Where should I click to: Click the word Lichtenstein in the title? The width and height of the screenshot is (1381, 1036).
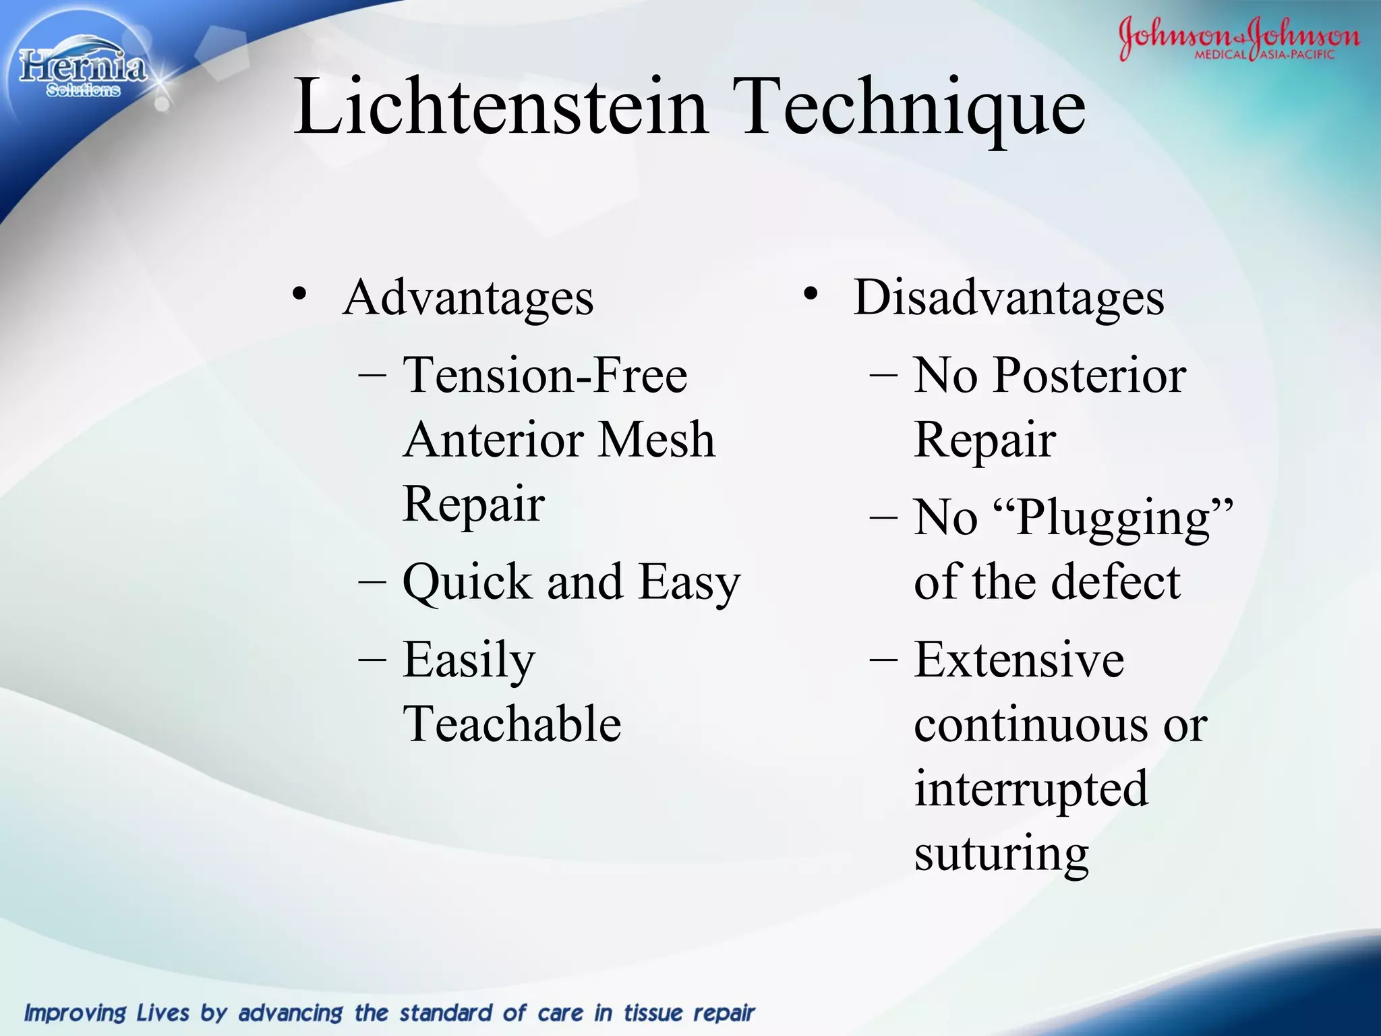click(x=500, y=107)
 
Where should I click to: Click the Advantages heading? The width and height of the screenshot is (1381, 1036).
click(x=468, y=297)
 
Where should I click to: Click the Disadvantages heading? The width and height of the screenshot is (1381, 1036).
click(x=1009, y=297)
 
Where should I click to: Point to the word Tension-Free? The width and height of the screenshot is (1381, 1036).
click(x=545, y=375)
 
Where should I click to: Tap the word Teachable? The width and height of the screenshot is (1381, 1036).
click(x=512, y=724)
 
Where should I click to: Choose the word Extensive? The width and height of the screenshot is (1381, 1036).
click(x=1019, y=660)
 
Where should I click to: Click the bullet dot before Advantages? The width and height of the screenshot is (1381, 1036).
click(x=300, y=294)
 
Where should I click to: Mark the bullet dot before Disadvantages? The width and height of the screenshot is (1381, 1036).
click(x=811, y=294)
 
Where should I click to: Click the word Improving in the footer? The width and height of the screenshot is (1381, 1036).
click(x=75, y=1013)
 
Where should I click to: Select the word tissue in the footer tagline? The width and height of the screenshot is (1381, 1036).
click(x=653, y=1013)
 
